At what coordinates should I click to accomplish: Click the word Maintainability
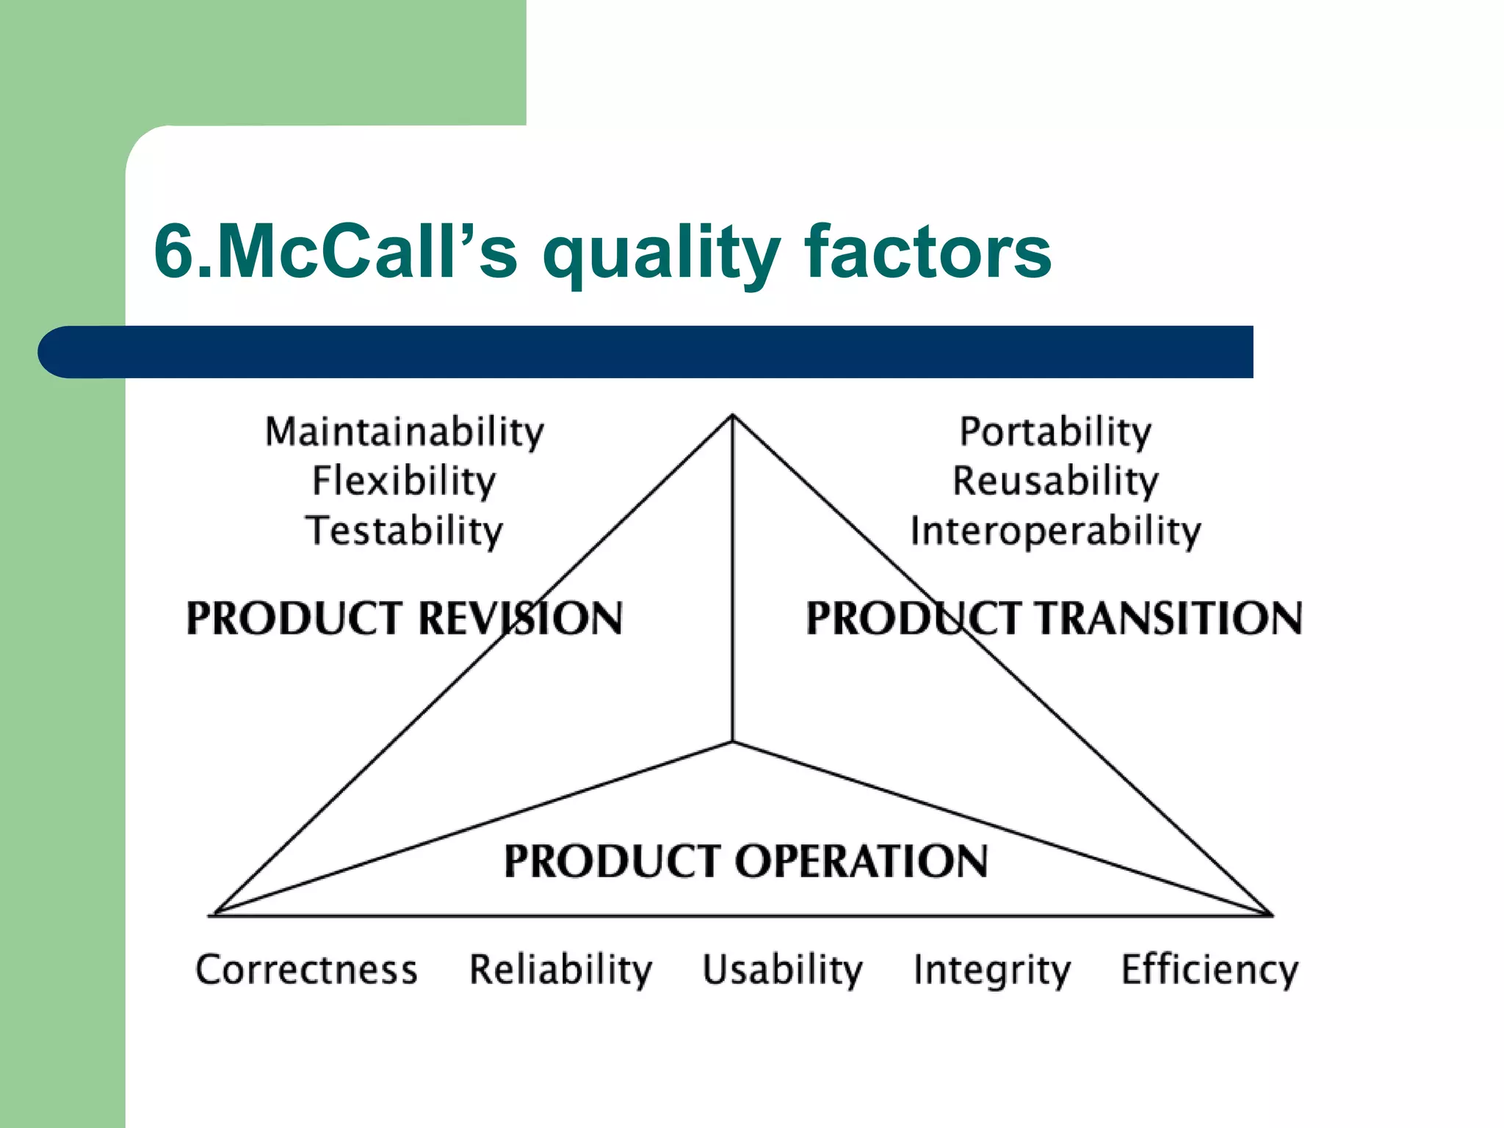[x=404, y=432]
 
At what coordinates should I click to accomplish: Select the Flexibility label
[x=404, y=482]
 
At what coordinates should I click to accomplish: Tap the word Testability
[x=404, y=531]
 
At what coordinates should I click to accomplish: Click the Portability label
[x=1055, y=432]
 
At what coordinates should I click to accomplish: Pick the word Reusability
[x=1055, y=482]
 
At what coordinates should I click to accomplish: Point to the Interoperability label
[x=1055, y=531]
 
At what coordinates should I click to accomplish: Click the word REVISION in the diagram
[x=520, y=618]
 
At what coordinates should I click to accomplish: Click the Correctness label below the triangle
[x=306, y=969]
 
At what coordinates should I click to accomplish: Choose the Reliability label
[x=560, y=969]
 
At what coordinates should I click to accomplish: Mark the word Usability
[x=782, y=969]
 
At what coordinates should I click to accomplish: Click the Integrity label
[x=991, y=969]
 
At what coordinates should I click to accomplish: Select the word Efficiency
[x=1209, y=969]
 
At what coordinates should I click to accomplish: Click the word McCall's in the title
[x=367, y=252]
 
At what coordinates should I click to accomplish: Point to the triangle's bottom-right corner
[x=1270, y=914]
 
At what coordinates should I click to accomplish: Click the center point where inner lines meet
[x=732, y=742]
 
